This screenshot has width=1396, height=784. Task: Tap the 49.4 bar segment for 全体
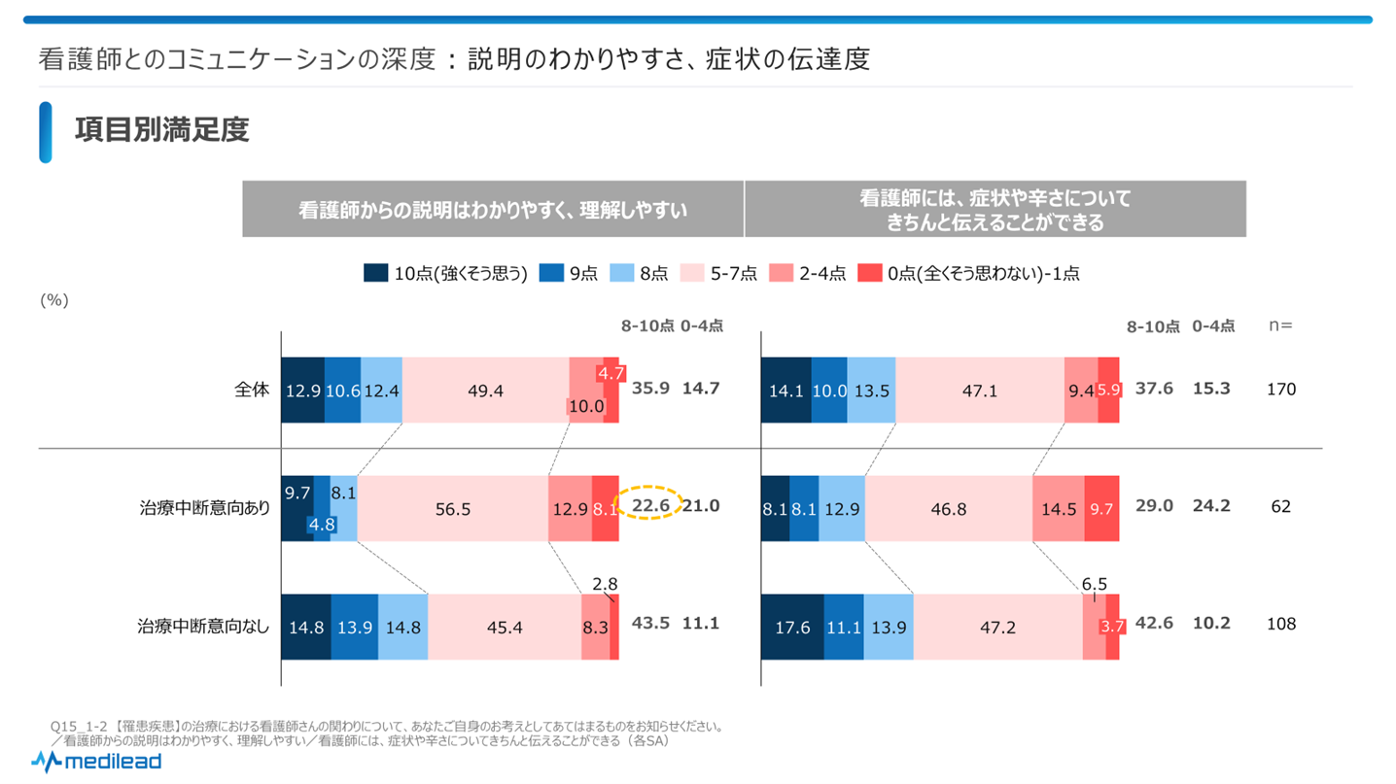click(485, 390)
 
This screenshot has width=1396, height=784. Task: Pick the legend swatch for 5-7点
click(692, 274)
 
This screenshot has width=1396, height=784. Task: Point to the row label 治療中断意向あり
click(204, 506)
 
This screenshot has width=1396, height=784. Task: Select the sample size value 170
click(1281, 389)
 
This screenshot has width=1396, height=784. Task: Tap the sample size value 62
click(1281, 506)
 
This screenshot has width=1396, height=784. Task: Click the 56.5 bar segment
click(452, 506)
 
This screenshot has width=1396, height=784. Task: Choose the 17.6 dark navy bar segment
click(792, 627)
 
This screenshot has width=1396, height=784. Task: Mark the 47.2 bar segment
click(997, 627)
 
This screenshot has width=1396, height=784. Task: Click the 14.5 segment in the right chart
click(1058, 506)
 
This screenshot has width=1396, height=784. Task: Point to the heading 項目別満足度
click(162, 130)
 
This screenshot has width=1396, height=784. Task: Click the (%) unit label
click(53, 300)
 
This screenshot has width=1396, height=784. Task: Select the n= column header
click(1280, 326)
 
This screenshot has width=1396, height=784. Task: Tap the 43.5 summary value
click(650, 624)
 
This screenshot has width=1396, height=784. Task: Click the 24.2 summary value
click(1212, 506)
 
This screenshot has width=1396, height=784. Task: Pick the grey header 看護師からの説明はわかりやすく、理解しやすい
click(493, 209)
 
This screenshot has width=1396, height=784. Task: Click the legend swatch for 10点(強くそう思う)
click(376, 274)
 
